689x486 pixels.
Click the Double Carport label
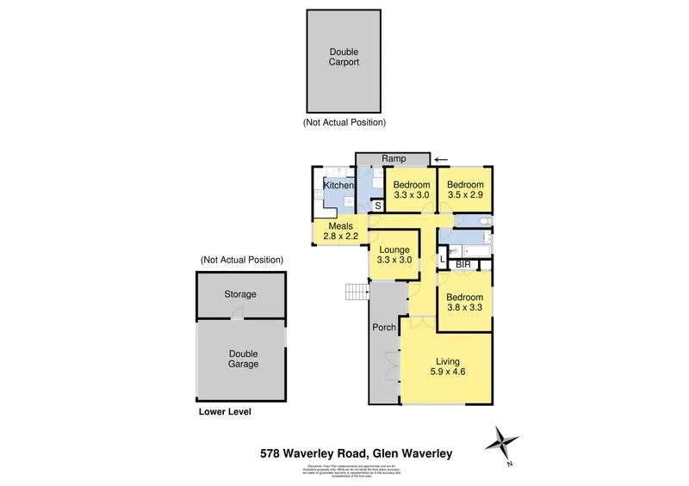point(344,57)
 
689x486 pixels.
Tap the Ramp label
point(393,159)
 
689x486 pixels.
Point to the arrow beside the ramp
point(441,159)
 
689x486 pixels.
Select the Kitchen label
point(338,186)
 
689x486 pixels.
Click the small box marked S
point(377,206)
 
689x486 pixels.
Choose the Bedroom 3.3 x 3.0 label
point(411,190)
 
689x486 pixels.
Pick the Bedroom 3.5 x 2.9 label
point(465,190)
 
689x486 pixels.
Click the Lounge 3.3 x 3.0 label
point(394,255)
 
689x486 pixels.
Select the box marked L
point(444,258)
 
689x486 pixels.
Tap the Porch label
point(383,328)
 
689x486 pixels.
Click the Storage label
point(240,294)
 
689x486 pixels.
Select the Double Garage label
point(243,359)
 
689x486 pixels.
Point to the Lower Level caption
point(225,412)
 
